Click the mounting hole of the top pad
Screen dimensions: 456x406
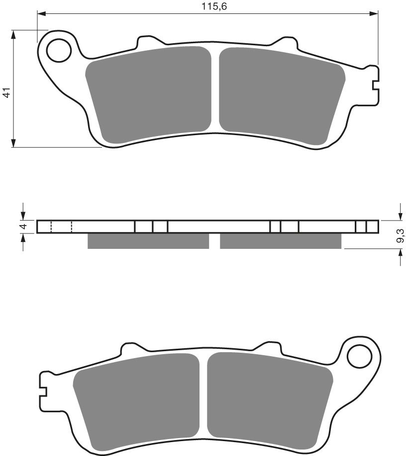59,50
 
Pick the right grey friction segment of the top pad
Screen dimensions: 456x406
281,94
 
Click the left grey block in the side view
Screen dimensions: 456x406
148,241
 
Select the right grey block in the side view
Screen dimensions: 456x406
281,241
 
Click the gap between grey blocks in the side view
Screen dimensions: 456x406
214,241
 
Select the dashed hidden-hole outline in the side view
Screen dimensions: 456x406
61,227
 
